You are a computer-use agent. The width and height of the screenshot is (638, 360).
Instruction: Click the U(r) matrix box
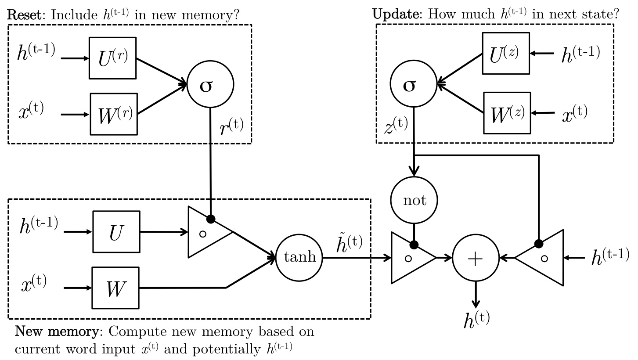112,58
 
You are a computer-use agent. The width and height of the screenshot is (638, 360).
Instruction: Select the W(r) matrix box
114,114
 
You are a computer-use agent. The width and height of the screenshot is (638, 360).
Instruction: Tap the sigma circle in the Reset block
210,84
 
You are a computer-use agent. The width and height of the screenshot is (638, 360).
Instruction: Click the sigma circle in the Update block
413,84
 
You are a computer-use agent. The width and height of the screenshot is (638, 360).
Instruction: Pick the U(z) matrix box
506,53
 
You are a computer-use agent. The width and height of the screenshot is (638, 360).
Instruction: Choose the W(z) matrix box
507,113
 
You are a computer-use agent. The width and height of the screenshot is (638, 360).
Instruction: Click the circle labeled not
414,200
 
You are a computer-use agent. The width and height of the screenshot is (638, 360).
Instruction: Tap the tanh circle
299,258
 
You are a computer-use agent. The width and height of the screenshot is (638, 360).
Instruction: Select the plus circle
476,258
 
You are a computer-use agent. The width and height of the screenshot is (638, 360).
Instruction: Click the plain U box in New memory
116,232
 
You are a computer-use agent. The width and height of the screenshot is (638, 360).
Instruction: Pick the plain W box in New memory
115,288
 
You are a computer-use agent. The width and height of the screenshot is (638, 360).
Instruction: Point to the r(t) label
231,127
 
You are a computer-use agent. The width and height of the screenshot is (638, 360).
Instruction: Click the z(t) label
396,126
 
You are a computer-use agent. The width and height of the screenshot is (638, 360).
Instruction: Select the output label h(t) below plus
476,320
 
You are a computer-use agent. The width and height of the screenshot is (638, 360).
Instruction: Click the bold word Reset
25,14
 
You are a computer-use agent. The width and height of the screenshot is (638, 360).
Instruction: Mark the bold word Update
396,14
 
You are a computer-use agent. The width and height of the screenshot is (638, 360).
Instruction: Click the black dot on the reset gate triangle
211,219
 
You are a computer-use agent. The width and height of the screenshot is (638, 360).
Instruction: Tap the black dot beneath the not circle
414,245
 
